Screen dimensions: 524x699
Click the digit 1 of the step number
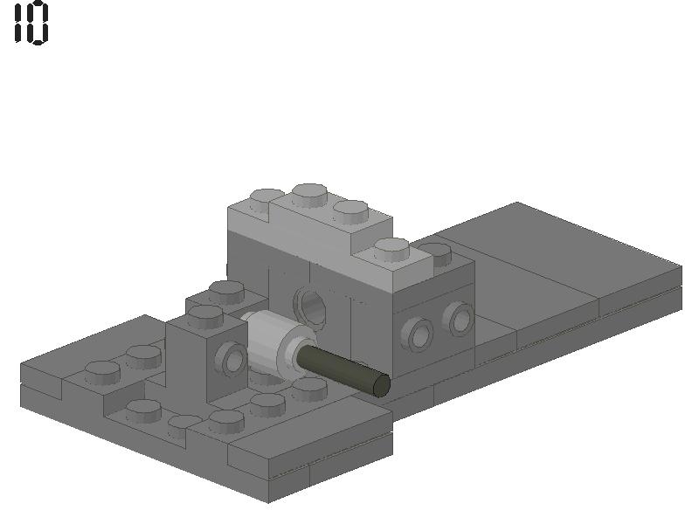coord(19,24)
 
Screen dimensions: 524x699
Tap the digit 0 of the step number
coord(38,24)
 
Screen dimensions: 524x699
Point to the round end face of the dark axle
coord(381,385)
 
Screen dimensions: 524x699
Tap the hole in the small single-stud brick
coord(233,359)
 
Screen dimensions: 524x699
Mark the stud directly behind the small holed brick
coord(226,291)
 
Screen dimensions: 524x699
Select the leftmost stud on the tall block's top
coord(266,199)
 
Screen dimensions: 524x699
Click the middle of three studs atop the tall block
coord(310,193)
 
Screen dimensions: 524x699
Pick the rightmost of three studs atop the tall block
coord(350,210)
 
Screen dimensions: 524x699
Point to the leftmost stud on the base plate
coord(101,371)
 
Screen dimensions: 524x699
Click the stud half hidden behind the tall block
coord(436,253)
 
